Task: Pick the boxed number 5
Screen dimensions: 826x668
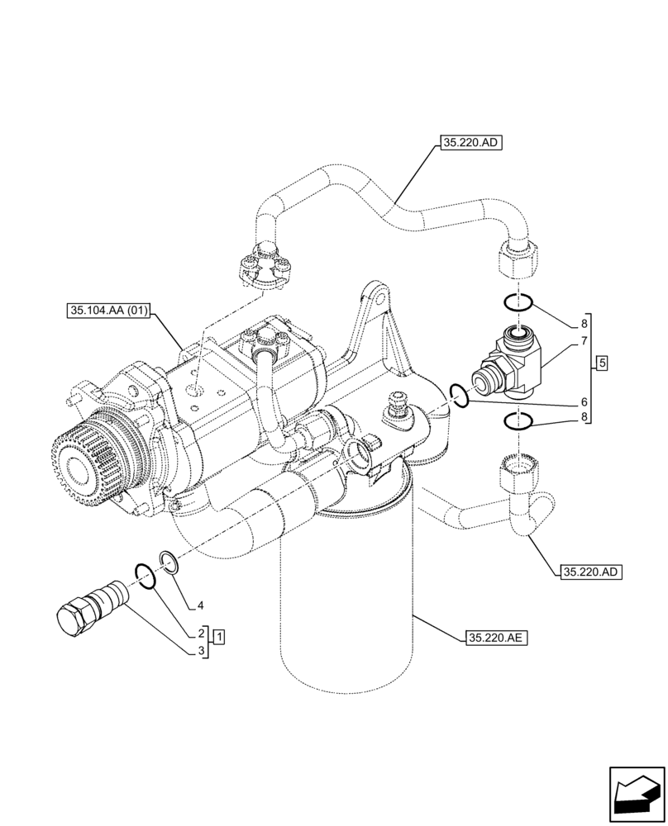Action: pos(602,363)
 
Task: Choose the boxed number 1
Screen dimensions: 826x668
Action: pos(219,636)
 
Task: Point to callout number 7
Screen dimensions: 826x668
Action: pos(584,341)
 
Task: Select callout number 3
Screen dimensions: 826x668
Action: pos(200,651)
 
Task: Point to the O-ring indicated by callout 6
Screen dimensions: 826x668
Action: pos(461,396)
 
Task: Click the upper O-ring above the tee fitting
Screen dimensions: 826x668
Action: pos(518,302)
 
